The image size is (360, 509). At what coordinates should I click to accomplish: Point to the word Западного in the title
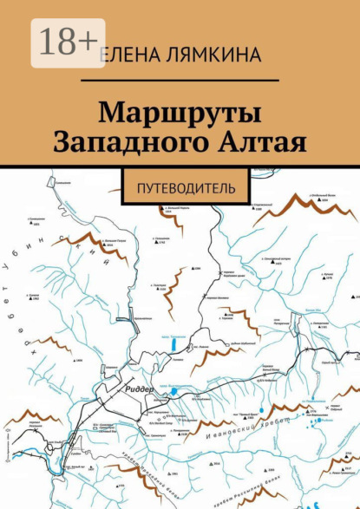(x=128, y=142)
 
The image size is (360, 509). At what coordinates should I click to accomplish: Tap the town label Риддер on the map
(x=141, y=389)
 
